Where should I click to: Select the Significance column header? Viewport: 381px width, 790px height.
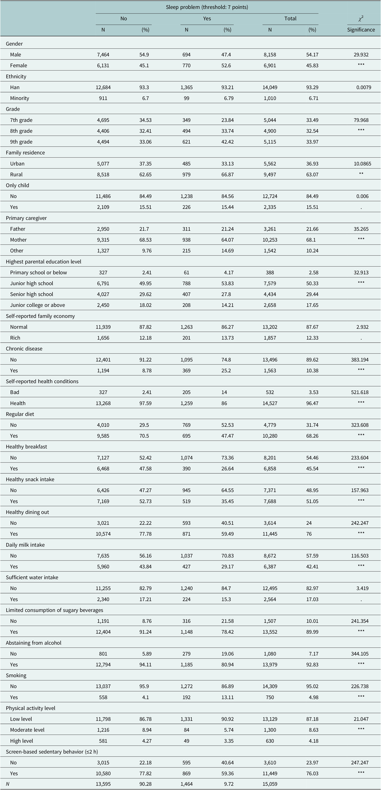click(361, 30)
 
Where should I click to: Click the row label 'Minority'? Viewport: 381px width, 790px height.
click(20, 98)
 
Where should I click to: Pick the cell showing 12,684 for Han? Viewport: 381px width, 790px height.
click(103, 87)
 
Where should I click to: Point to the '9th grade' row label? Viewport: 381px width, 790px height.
click(21, 142)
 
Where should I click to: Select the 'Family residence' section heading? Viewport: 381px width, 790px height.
click(25, 153)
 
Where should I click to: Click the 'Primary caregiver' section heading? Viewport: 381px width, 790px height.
click(26, 218)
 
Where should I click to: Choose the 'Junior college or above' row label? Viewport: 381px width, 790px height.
click(37, 305)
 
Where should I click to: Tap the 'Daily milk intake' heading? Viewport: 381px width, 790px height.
click(25, 545)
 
